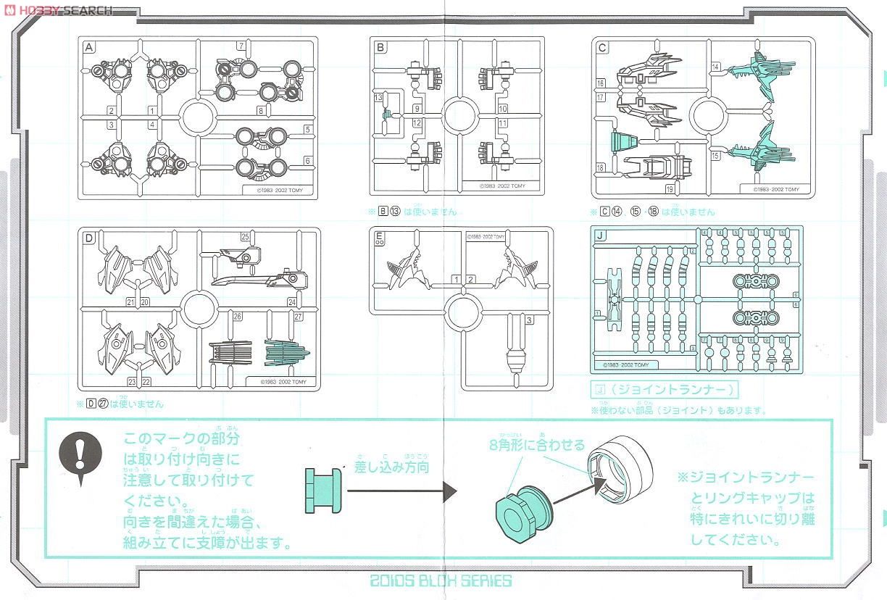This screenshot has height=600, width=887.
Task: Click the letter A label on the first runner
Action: [89, 49]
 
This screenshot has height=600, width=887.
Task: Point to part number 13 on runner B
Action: [378, 97]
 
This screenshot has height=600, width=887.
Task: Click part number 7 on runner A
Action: [240, 46]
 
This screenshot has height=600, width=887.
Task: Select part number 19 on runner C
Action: [670, 189]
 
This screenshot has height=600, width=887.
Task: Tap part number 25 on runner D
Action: [245, 236]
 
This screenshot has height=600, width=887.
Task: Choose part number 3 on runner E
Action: [530, 320]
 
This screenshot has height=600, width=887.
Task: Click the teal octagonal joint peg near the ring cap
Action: [522, 511]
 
